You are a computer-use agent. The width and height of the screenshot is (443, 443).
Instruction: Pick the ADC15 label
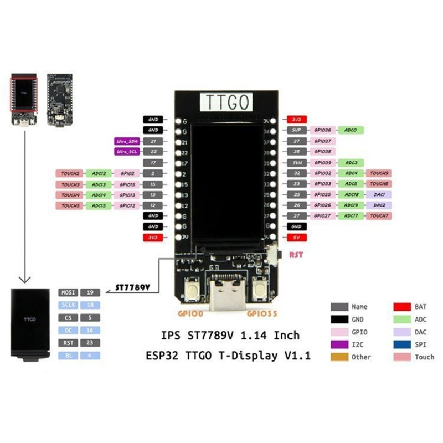pyautogui.click(x=99, y=205)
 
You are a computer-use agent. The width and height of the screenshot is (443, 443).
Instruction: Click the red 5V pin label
pyautogui.click(x=296, y=238)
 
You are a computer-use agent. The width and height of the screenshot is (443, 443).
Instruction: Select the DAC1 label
pyautogui.click(x=379, y=195)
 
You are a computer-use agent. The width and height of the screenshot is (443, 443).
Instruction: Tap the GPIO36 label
pyautogui.click(x=322, y=130)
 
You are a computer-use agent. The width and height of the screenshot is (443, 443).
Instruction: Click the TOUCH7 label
pyautogui.click(x=379, y=217)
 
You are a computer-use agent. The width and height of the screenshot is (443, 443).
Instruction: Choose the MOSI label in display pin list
pyautogui.click(x=68, y=292)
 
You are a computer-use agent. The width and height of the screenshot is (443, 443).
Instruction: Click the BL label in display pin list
pyautogui.click(x=68, y=356)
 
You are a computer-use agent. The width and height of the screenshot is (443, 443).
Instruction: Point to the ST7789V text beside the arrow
pyautogui.click(x=133, y=288)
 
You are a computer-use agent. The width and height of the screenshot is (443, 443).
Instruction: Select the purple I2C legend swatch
pyautogui.click(x=339, y=344)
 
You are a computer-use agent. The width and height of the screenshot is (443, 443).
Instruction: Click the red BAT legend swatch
pyautogui.click(x=401, y=306)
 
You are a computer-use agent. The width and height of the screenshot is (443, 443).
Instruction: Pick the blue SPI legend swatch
pyautogui.click(x=401, y=344)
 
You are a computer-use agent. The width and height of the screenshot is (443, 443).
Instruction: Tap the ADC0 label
pyautogui.click(x=351, y=130)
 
